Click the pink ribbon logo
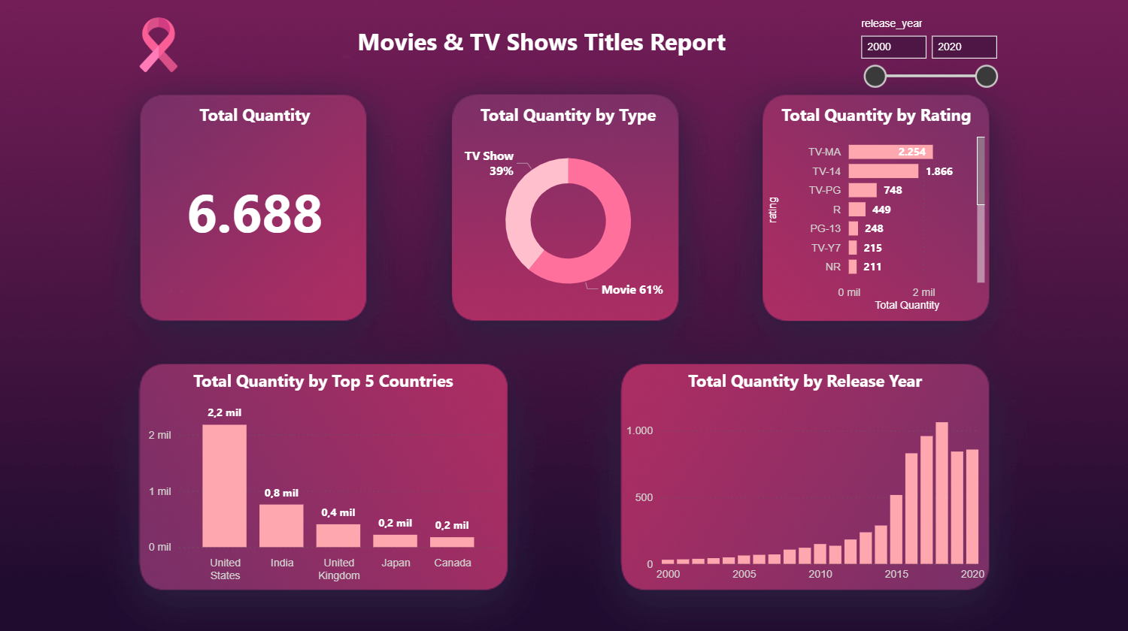pyautogui.click(x=158, y=45)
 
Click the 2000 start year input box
pyautogui.click(x=893, y=47)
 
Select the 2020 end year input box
pyautogui.click(x=964, y=47)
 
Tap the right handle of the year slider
pyautogui.click(x=986, y=76)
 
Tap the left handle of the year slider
pyautogui.click(x=875, y=76)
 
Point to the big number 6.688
pyautogui.click(x=254, y=214)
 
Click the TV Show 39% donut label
pyautogui.click(x=490, y=163)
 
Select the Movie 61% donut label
pyautogui.click(x=632, y=290)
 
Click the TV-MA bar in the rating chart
pyautogui.click(x=890, y=152)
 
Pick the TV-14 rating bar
pyautogui.click(x=883, y=171)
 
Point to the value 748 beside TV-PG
pyautogui.click(x=893, y=190)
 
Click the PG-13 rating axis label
pyautogui.click(x=825, y=228)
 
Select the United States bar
pyautogui.click(x=224, y=486)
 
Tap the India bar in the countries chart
pyautogui.click(x=281, y=526)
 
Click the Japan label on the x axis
pyautogui.click(x=396, y=563)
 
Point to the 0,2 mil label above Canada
pyautogui.click(x=452, y=525)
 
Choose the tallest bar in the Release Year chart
pyautogui.click(x=942, y=493)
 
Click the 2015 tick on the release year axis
pyautogui.click(x=896, y=574)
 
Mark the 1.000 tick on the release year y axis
pyautogui.click(x=640, y=430)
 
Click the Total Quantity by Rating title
pyautogui.click(x=876, y=115)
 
